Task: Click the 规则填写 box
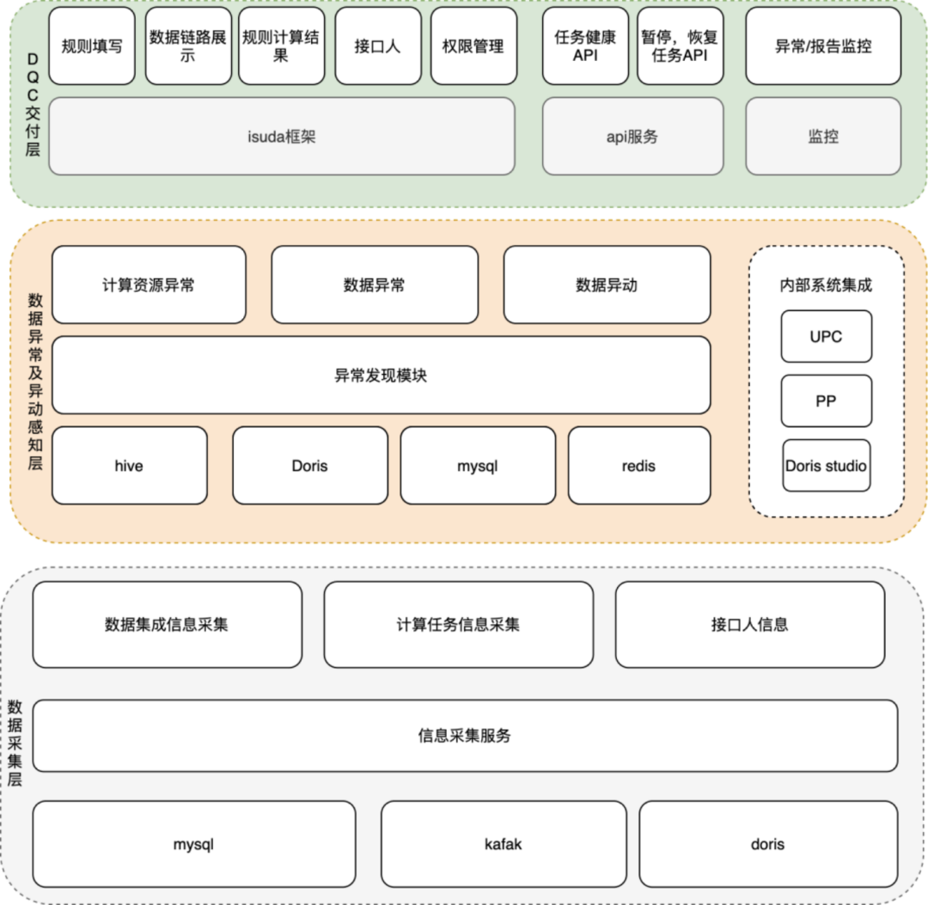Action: (92, 46)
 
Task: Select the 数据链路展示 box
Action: (188, 46)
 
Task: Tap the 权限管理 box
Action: (473, 46)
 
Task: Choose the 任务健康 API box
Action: (585, 46)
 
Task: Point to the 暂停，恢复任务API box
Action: (681, 46)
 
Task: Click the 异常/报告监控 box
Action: (822, 46)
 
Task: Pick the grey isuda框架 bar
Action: (281, 136)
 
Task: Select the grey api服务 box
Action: (632, 136)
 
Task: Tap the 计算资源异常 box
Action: (149, 284)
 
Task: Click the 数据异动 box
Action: (607, 284)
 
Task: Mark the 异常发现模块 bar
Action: (381, 375)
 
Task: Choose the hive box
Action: (129, 466)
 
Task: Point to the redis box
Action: (638, 466)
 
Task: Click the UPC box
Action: (826, 336)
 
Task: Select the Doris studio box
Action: (826, 466)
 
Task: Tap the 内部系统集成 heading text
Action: (825, 284)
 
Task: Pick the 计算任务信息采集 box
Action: (458, 625)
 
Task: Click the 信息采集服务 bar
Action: (464, 736)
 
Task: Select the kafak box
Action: (503, 844)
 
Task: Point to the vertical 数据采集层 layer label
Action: (15, 744)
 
